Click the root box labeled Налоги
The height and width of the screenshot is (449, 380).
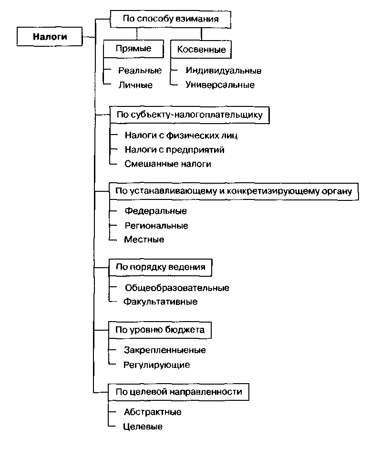click(50, 37)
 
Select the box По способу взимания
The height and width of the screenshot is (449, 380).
click(171, 19)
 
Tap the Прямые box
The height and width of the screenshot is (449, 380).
click(134, 49)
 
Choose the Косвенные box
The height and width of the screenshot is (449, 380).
click(201, 49)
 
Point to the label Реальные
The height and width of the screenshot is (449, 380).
click(140, 71)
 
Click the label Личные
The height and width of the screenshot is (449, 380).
click(135, 85)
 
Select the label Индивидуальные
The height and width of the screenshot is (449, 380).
click(224, 71)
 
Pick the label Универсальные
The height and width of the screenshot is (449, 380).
click(220, 85)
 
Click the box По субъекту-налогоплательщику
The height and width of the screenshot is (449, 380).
click(189, 115)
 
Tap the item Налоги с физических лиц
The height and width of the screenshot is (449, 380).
click(181, 135)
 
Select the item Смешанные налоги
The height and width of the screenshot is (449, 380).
click(168, 164)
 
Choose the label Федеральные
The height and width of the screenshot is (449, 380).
click(155, 211)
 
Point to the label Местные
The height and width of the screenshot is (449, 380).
click(144, 240)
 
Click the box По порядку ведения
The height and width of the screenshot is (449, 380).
click(160, 268)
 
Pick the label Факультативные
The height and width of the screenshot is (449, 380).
click(160, 302)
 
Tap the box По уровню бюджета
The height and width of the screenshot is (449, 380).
click(160, 330)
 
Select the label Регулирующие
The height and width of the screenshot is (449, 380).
click(156, 365)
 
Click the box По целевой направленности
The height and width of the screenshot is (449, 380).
click(178, 392)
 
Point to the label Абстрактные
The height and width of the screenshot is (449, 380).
click(153, 412)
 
